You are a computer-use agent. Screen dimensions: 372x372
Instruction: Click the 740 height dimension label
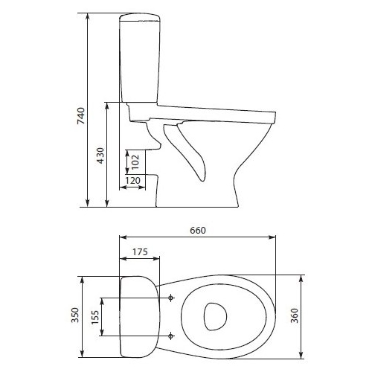(x=81, y=116)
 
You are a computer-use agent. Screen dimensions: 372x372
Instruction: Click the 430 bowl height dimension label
(x=100, y=155)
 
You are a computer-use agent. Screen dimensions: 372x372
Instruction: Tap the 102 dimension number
(x=135, y=162)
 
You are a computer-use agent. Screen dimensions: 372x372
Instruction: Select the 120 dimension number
(x=132, y=180)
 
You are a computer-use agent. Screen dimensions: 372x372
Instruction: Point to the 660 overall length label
(x=198, y=231)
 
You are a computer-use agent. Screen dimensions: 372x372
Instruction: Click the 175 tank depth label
(x=140, y=251)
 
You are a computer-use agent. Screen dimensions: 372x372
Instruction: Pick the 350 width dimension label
(x=75, y=315)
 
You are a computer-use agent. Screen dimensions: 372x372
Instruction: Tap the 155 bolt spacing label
(x=95, y=317)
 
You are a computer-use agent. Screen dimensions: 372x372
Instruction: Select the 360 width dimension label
(x=295, y=315)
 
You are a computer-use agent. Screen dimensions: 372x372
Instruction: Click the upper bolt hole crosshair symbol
(x=170, y=298)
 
